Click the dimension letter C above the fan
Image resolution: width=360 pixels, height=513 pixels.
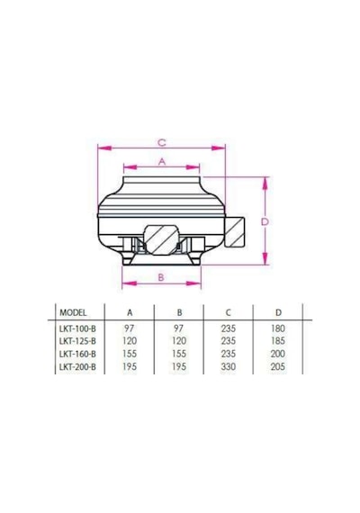[x=162, y=142]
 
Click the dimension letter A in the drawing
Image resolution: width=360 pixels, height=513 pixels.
[x=162, y=162]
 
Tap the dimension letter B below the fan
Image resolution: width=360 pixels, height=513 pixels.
[x=161, y=277]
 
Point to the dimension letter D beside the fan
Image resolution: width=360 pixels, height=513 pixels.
[x=265, y=221]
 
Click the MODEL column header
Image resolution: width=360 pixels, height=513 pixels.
[x=73, y=313]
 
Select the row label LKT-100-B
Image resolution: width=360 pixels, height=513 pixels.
[x=77, y=328]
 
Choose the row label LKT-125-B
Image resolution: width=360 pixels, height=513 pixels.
[x=77, y=341]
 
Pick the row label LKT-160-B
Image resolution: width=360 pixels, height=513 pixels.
[x=77, y=354]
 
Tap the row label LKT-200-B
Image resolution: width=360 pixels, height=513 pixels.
[x=77, y=367]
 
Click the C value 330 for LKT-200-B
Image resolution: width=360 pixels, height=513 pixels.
[x=228, y=367]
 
